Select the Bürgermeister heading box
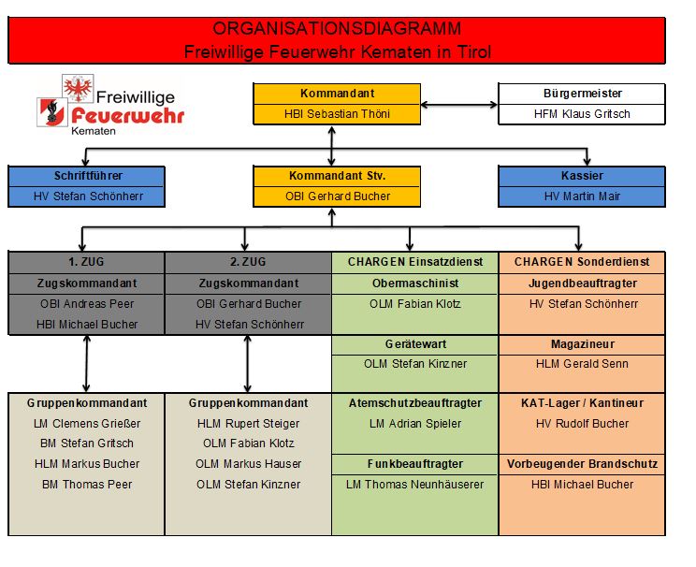pos(582,94)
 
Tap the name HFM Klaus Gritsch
pos(582,114)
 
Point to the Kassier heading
pos(582,176)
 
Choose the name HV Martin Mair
pos(582,196)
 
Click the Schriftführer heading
pos(87,176)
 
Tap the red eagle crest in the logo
pos(78,88)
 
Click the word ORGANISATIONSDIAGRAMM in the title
pos(337,30)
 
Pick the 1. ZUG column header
pos(87,262)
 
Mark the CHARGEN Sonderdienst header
pos(582,262)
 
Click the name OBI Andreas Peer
pos(87,303)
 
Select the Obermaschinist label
pos(414,283)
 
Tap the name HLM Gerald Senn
pos(582,363)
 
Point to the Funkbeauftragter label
pos(414,464)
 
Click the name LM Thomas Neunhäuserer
pos(414,485)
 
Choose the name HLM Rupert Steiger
pos(248,424)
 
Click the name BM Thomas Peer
pos(87,485)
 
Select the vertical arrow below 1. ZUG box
pos(87,363)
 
